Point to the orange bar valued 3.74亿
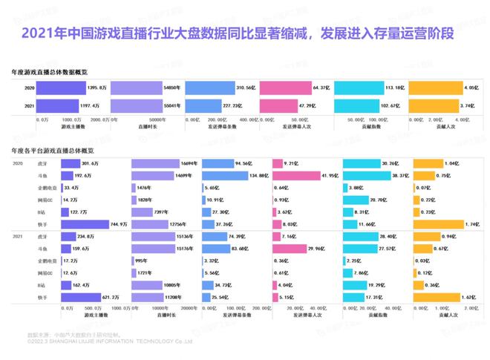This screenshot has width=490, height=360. point(434,106)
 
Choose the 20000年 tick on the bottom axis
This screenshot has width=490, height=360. point(189,307)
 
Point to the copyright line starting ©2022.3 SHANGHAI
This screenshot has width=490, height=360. point(110,342)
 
